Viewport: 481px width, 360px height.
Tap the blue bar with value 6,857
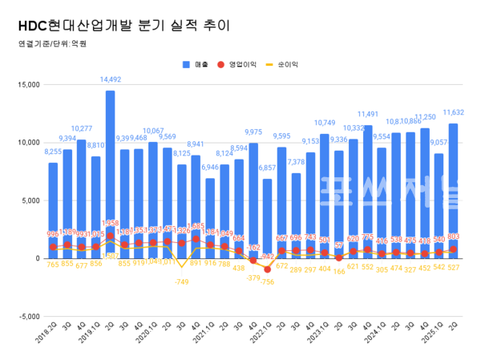click(x=267, y=216)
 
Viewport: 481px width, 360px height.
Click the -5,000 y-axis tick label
click(x=26, y=317)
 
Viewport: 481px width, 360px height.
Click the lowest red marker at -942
click(x=267, y=269)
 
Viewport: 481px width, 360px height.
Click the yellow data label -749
click(x=181, y=282)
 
